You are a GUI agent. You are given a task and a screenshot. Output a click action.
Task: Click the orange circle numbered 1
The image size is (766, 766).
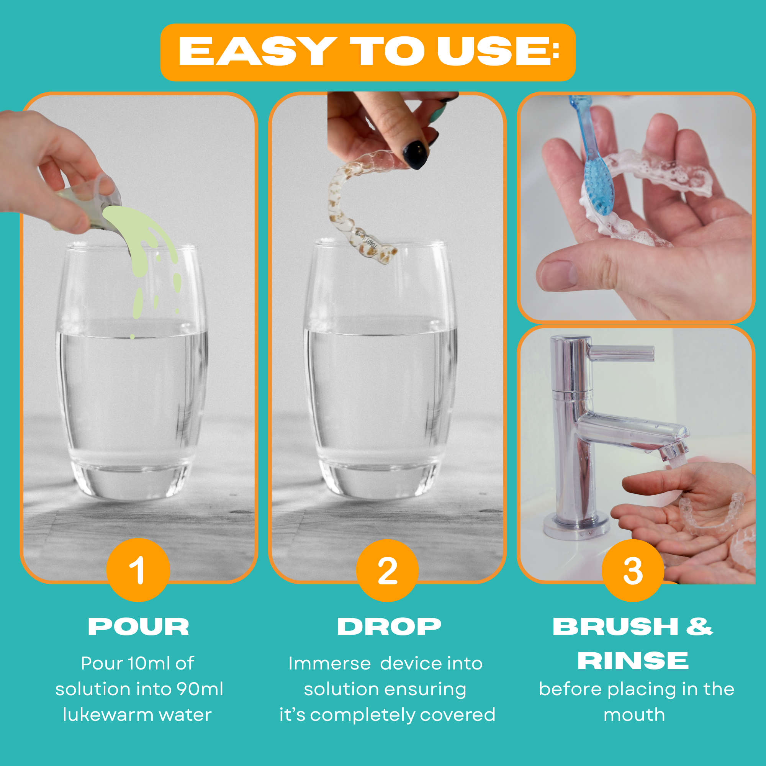pos(138,570)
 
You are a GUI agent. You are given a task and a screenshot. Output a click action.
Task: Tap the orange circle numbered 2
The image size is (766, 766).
pos(387,570)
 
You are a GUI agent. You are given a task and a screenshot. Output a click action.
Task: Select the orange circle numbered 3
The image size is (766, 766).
pos(633,570)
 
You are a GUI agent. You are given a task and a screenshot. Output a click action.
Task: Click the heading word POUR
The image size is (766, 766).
pos(138,627)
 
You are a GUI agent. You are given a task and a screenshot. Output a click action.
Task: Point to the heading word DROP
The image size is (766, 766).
pos(389,627)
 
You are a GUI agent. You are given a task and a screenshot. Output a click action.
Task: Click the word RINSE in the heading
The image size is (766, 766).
pos(633,661)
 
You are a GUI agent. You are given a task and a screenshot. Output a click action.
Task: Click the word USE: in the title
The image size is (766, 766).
pos(498,52)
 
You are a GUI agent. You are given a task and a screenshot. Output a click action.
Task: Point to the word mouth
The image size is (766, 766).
pos(634,715)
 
